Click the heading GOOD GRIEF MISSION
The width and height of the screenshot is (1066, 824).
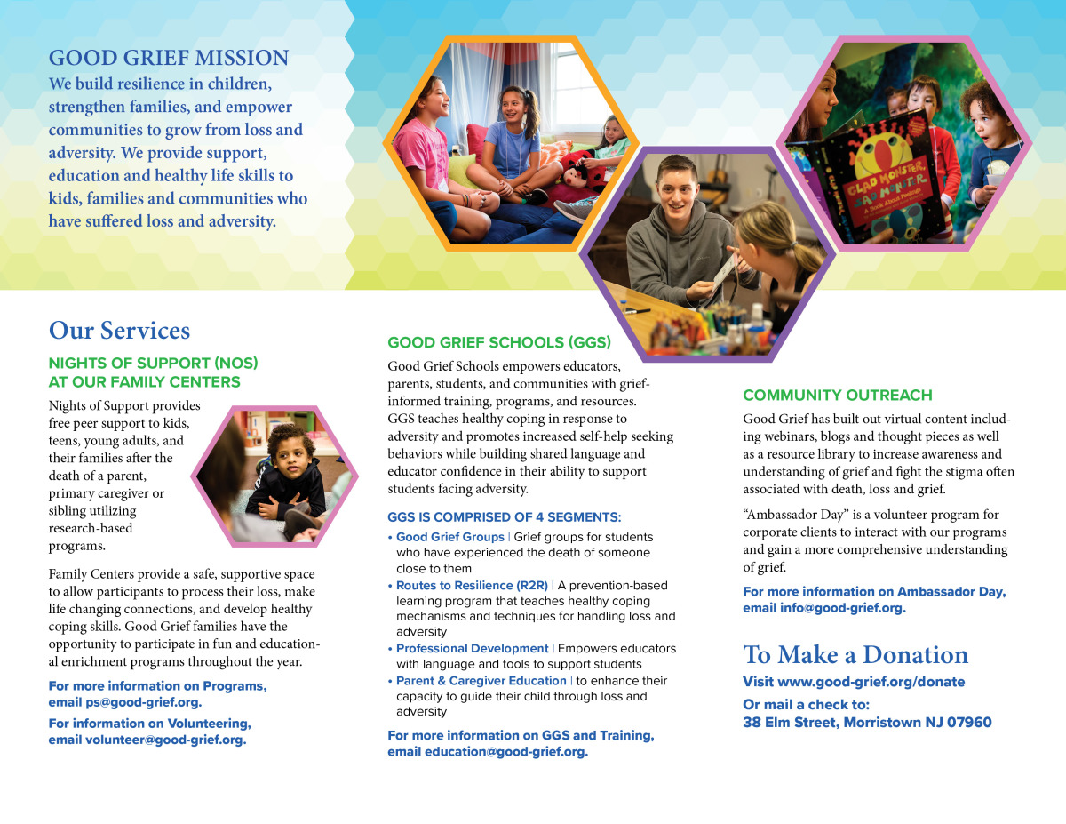click(169, 59)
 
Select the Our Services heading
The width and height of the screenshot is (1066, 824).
click(119, 331)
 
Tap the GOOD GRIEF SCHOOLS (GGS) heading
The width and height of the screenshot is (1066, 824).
click(499, 342)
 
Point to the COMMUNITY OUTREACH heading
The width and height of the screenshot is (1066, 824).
click(838, 396)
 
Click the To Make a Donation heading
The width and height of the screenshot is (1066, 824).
click(855, 655)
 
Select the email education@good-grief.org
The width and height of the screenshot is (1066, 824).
click(505, 752)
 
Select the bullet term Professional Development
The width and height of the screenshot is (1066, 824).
click(472, 648)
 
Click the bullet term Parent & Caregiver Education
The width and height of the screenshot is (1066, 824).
click(481, 681)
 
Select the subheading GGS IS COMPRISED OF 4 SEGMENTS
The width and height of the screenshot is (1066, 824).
click(504, 517)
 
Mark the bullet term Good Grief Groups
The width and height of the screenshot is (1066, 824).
click(449, 537)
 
